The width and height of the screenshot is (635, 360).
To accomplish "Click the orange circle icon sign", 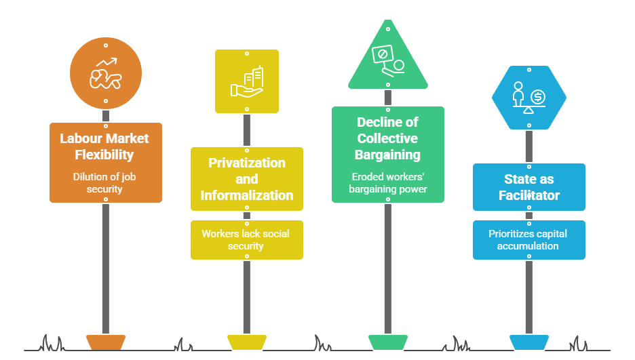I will pos(106,72).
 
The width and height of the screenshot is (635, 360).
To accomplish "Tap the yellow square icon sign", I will pos(246,81).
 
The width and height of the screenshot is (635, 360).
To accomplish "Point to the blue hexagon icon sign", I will pos(528,98).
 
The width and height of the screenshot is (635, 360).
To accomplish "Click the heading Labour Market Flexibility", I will pos(105,146).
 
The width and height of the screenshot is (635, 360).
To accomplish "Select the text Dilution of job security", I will pos(105,183).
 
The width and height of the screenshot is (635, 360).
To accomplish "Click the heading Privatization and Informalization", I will pos(246,179).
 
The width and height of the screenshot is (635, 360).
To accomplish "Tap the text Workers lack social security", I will pos(246,240).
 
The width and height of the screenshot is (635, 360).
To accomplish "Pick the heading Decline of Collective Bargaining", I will pos(387,138).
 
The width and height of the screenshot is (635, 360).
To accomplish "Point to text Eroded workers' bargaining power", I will pos(387,183).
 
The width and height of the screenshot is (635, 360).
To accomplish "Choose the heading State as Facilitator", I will pos(528,187).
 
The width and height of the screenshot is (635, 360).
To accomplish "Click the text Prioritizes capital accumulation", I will pos(528,240).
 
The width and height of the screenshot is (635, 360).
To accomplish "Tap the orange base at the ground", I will pos(106,342).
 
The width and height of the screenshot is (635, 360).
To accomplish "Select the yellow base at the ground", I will pos(246,342).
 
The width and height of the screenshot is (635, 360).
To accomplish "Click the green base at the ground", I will pos(387,342).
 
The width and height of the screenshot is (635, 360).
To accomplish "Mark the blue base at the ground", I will pos(528,342).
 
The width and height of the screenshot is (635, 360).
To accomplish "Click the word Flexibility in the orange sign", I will pos(105,155).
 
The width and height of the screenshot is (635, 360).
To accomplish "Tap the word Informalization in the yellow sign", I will pos(246,195).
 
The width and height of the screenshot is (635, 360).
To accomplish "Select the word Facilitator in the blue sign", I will pos(528,195).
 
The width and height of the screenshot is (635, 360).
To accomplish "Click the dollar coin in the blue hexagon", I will pos(539,96).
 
